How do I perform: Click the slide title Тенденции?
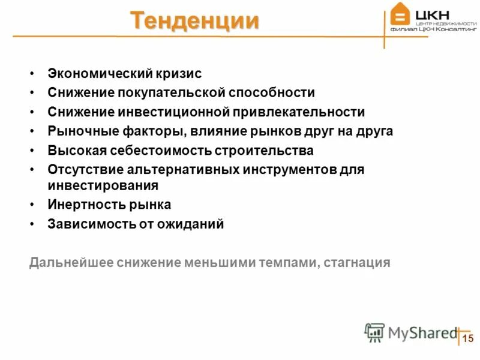click(195, 20)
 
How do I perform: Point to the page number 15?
click(468, 338)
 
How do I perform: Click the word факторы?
click(128, 131)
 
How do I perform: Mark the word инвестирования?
click(103, 185)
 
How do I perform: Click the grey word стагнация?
click(356, 262)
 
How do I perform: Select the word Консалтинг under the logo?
click(456, 28)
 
